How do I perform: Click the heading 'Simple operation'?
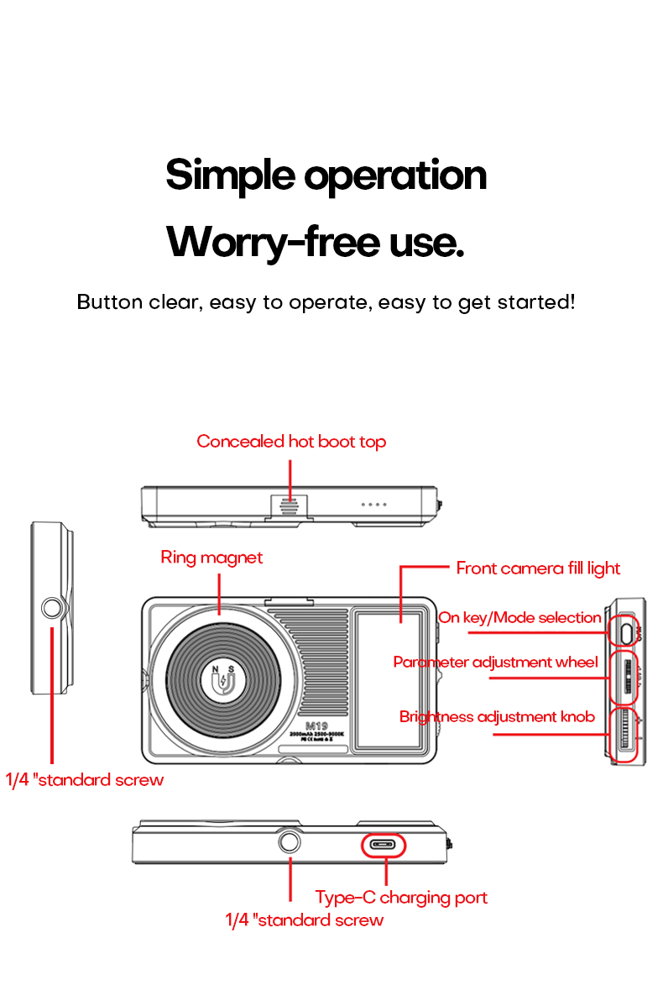326,176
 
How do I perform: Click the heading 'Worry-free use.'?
315,242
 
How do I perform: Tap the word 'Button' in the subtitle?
109,302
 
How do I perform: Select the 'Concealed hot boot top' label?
291,442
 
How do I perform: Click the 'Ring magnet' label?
211,558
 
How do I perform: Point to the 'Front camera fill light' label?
538,568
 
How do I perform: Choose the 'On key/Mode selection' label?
519,618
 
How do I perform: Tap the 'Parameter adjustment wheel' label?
495,663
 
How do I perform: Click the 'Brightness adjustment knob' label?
497,716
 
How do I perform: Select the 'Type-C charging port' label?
401,898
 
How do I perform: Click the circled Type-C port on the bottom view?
383,845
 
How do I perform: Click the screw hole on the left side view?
53,609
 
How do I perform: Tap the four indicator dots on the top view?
373,505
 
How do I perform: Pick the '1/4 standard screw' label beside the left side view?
85,780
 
